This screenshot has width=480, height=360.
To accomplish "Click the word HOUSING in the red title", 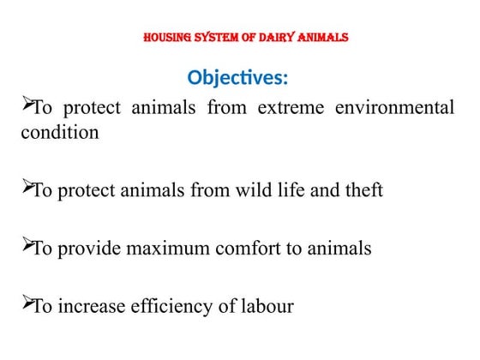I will point(166,38).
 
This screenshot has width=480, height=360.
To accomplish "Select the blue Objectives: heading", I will point(238,78).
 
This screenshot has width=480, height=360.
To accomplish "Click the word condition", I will point(59,133).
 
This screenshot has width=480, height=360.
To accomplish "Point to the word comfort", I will point(244,249).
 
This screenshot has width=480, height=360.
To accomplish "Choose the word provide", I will point(87,249).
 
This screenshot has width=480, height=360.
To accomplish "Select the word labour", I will point(265,306).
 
